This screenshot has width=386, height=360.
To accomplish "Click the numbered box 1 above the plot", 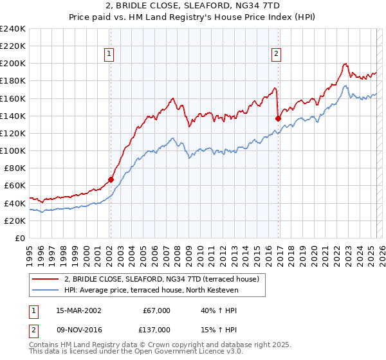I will pyautogui.click(x=110, y=55).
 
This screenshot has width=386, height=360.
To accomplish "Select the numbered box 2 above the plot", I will pyautogui.click(x=276, y=55).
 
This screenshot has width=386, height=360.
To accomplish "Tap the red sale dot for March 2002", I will pyautogui.click(x=111, y=180).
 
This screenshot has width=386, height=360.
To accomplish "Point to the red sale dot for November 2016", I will pyautogui.click(x=279, y=118).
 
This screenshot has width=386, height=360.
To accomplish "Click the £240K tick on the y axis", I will pyautogui.click(x=13, y=29).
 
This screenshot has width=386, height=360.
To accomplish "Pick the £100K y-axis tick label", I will pyautogui.click(x=13, y=150).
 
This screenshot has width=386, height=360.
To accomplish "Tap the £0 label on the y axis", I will pyautogui.click(x=21, y=238).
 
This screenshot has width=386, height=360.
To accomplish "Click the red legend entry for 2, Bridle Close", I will pyautogui.click(x=161, y=279).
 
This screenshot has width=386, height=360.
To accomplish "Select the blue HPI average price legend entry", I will pyautogui.click(x=151, y=290).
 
